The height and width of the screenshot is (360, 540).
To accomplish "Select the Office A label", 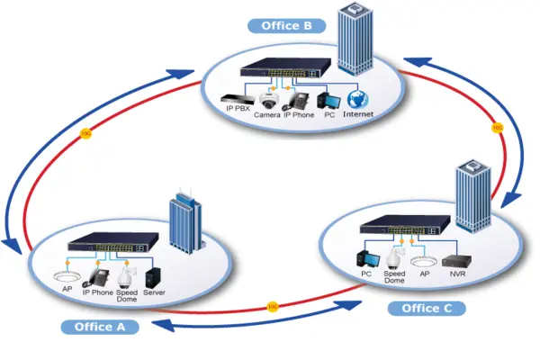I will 101,326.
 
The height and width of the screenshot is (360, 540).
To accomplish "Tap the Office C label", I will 427,308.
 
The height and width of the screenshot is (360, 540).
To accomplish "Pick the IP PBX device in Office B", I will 235,96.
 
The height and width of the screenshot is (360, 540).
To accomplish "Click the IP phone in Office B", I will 299,97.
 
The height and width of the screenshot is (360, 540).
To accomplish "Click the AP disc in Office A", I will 67,276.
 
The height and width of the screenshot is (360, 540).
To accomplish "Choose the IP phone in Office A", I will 99,274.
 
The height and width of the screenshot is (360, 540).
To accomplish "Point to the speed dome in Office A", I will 127,274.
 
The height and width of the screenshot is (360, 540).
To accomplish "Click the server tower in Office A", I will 155,274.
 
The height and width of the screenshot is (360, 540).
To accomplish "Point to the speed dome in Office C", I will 393,256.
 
